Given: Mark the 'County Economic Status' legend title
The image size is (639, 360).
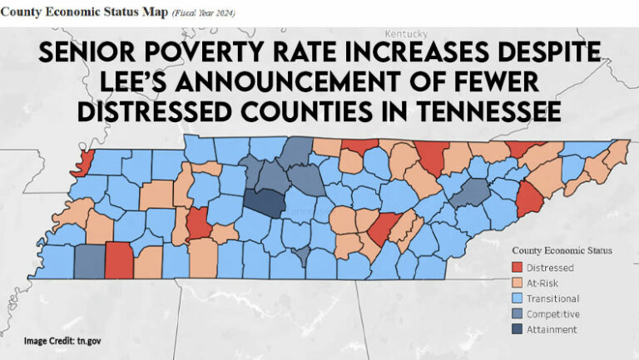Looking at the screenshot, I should [x=562, y=250].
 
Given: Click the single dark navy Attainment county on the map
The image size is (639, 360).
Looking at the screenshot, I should [x=265, y=203].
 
